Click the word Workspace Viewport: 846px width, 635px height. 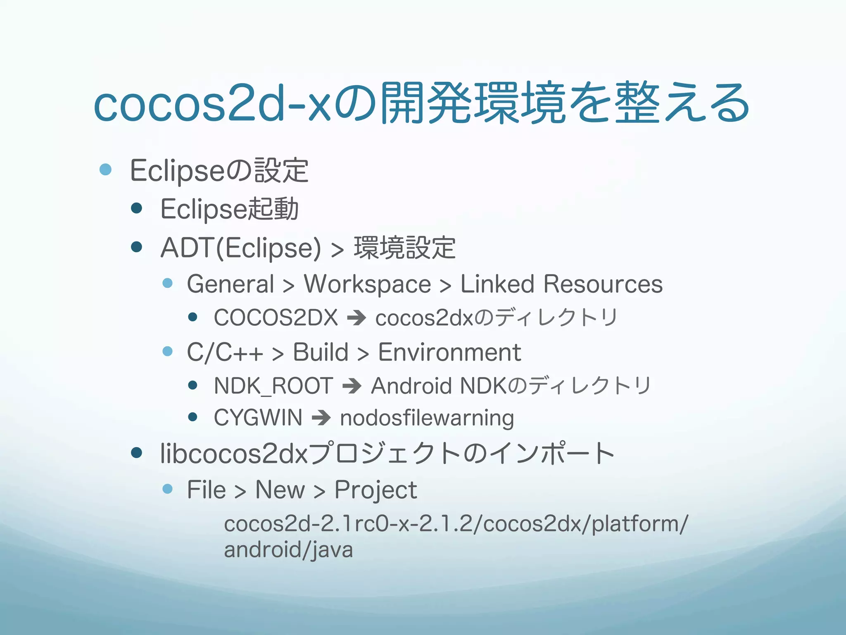pos(367,284)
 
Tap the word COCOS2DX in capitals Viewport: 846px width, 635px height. pos(276,318)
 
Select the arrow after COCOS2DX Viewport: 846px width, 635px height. pos(356,318)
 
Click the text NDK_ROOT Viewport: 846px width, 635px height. pos(273,386)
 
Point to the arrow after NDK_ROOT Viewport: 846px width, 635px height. pos(352,386)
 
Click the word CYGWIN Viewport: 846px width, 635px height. pos(258,418)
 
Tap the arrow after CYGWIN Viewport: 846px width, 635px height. pos(321,418)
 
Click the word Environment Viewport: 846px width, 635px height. pos(449,353)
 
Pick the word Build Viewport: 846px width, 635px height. pos(321,353)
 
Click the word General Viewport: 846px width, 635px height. pos(231,284)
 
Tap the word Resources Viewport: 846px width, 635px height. pos(603,284)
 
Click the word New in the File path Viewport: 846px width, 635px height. pos(280,490)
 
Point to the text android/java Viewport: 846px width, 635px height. pos(288,550)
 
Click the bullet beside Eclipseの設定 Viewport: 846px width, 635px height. pos(106,169)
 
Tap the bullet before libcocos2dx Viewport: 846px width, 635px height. pos(136,453)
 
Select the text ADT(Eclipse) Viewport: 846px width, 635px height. pos(240,248)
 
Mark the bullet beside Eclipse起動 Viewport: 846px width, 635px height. pos(136,208)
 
